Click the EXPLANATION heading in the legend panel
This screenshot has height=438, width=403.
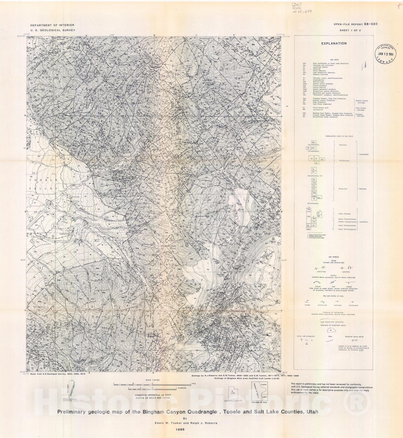(x=334, y=43)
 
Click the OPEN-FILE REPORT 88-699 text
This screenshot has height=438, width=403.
(x=355, y=24)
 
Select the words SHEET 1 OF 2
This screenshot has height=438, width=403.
(x=350, y=30)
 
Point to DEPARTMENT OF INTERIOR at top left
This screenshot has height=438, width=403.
(x=52, y=25)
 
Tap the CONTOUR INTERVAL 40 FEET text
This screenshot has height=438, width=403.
(x=155, y=395)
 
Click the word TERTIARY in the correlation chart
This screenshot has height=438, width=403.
(x=362, y=189)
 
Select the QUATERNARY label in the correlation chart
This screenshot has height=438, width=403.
(x=364, y=154)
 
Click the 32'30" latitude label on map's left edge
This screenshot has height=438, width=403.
(x=23, y=260)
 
